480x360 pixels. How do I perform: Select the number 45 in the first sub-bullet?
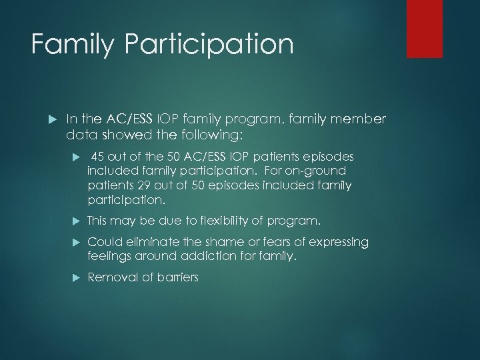point(97,156)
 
